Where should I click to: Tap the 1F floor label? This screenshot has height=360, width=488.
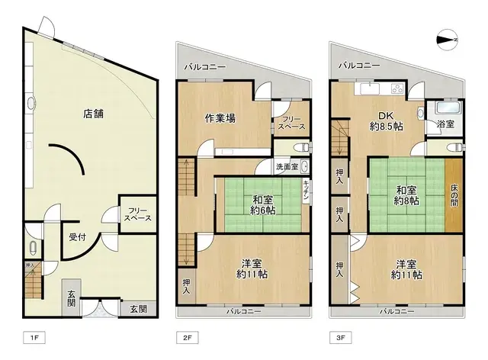click(x=34, y=336)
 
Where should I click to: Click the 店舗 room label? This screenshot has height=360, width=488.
click(x=93, y=114)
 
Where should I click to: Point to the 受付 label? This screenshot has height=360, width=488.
click(x=76, y=236)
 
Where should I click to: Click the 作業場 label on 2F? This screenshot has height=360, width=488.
click(x=220, y=118)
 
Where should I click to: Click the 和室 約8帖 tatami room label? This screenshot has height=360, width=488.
click(x=406, y=195)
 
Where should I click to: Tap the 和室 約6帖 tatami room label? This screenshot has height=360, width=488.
click(x=264, y=204)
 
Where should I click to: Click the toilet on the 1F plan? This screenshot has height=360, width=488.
click(x=34, y=246)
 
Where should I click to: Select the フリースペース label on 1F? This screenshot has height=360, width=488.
click(x=138, y=214)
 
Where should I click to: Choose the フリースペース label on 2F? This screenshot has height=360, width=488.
click(x=292, y=124)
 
